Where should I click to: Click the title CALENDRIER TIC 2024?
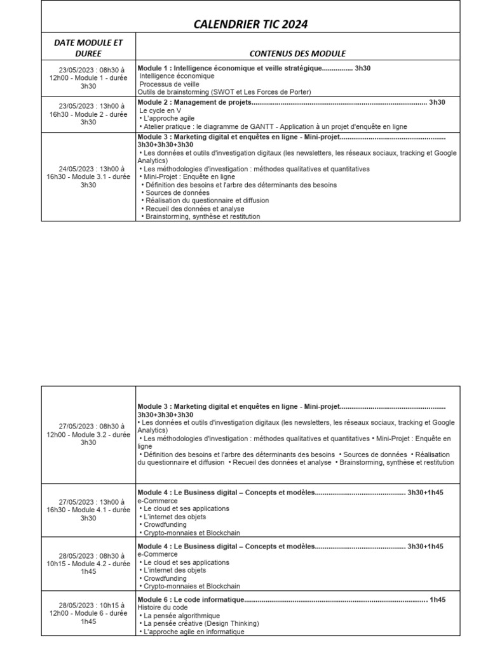[250, 25]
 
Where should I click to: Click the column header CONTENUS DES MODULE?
[297, 53]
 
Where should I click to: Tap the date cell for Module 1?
[88, 78]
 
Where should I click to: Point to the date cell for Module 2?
[88, 114]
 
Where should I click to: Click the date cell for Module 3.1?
[88, 177]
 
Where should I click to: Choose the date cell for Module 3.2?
[88, 434]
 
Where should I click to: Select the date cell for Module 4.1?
[88, 510]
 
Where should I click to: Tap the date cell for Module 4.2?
[88, 564]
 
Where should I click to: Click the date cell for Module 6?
[88, 613]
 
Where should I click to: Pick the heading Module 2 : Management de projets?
[194, 102]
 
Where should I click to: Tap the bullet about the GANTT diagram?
[273, 126]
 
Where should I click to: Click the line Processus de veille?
[169, 84]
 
